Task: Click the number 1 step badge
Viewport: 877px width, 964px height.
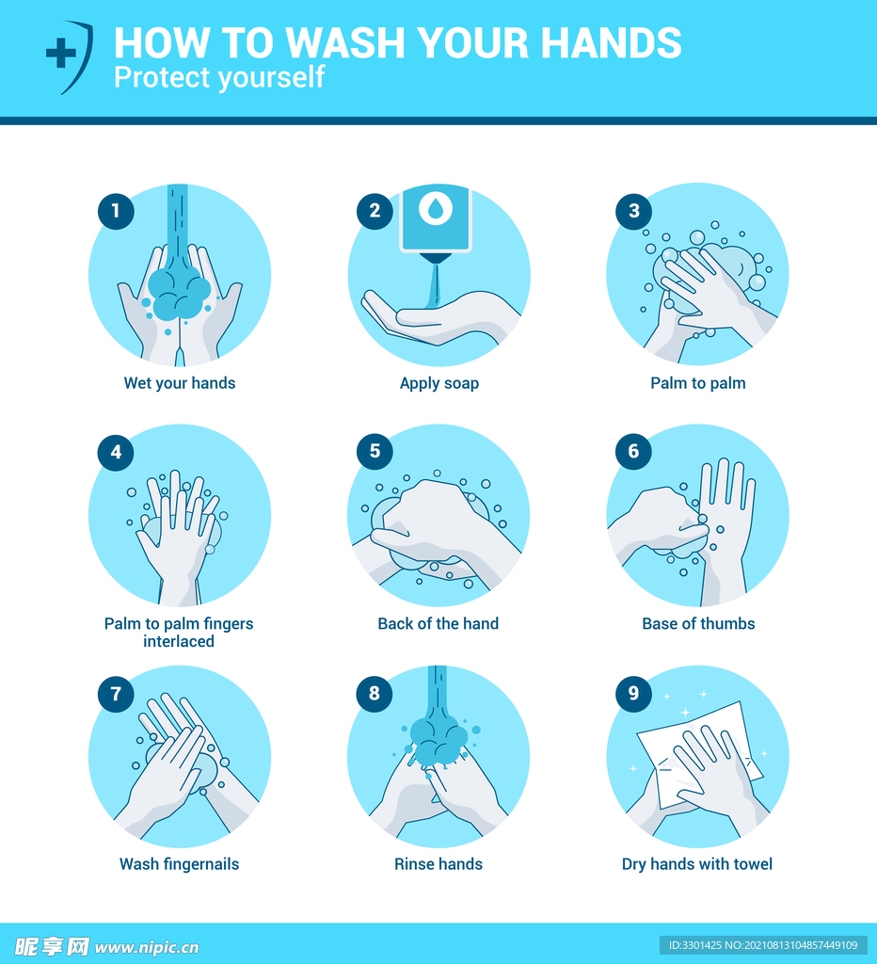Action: point(116,212)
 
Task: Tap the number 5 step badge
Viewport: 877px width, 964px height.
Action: point(375,451)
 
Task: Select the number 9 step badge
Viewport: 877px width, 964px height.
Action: point(633,694)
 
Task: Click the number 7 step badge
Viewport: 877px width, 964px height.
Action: point(116,694)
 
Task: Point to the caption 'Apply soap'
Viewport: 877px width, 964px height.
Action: point(438,384)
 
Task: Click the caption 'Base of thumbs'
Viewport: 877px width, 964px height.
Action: point(698,623)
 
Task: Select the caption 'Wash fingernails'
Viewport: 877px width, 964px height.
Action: point(179,864)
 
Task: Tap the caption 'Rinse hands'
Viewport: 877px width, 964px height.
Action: point(438,864)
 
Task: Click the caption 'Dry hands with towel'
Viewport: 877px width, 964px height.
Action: point(697,864)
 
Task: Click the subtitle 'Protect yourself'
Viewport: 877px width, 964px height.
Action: point(219,77)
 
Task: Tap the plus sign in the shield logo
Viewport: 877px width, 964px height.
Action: point(61,53)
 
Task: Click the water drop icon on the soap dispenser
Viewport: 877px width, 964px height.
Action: point(436,208)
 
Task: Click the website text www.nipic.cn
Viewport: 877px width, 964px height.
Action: point(147,947)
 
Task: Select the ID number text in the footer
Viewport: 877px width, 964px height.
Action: point(763,945)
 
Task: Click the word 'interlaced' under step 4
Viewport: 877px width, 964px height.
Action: point(179,641)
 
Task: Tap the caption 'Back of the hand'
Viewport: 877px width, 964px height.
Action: point(438,623)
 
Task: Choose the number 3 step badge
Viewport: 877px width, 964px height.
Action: point(633,212)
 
